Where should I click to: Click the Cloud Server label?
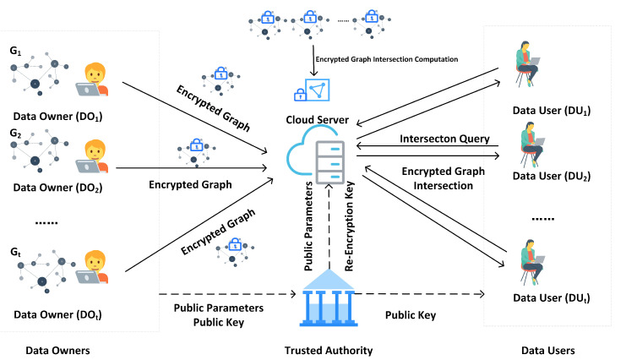317,119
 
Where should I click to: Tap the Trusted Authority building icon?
329,297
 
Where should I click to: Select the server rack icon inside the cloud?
330,162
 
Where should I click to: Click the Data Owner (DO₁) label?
58,117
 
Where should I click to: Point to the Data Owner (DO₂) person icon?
92,156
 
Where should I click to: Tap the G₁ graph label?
15,52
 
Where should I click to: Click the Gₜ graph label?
15,252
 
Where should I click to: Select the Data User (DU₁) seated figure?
527,65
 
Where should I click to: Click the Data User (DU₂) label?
552,177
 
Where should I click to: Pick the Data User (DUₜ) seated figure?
532,262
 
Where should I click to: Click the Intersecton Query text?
444,139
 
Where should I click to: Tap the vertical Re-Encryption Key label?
349,226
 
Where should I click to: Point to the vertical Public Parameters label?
308,226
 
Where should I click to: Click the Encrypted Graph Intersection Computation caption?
386,59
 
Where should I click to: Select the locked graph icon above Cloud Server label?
312,90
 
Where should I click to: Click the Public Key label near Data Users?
411,315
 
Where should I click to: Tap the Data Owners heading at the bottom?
58,351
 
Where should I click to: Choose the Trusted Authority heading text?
329,351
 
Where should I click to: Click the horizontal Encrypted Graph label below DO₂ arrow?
190,184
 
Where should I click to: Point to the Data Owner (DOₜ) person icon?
92,267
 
